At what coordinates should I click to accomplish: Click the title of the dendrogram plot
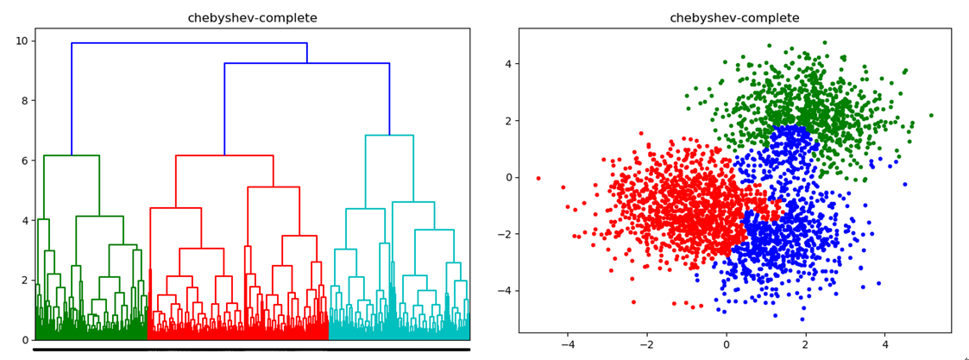[252, 18]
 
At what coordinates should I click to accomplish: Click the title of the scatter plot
[734, 18]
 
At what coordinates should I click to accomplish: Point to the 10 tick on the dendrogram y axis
[22, 41]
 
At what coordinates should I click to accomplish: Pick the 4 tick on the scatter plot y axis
[508, 64]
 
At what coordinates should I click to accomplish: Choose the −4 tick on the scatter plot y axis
[505, 291]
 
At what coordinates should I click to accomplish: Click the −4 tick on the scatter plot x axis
[568, 344]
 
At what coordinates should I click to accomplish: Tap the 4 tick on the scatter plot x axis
[884, 344]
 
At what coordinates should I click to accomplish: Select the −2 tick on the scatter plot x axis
[646, 344]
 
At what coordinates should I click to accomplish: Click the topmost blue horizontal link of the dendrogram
[189, 43]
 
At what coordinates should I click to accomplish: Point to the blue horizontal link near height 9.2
[306, 63]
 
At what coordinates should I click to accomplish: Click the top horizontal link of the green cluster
[72, 155]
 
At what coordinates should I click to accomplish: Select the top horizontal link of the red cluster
[224, 155]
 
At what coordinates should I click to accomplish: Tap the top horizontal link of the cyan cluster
[389, 136]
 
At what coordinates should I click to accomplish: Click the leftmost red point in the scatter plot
[538, 179]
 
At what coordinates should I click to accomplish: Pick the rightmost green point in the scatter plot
[931, 115]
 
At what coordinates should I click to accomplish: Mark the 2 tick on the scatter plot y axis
[508, 121]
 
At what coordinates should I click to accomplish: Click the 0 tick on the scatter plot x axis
[726, 344]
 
